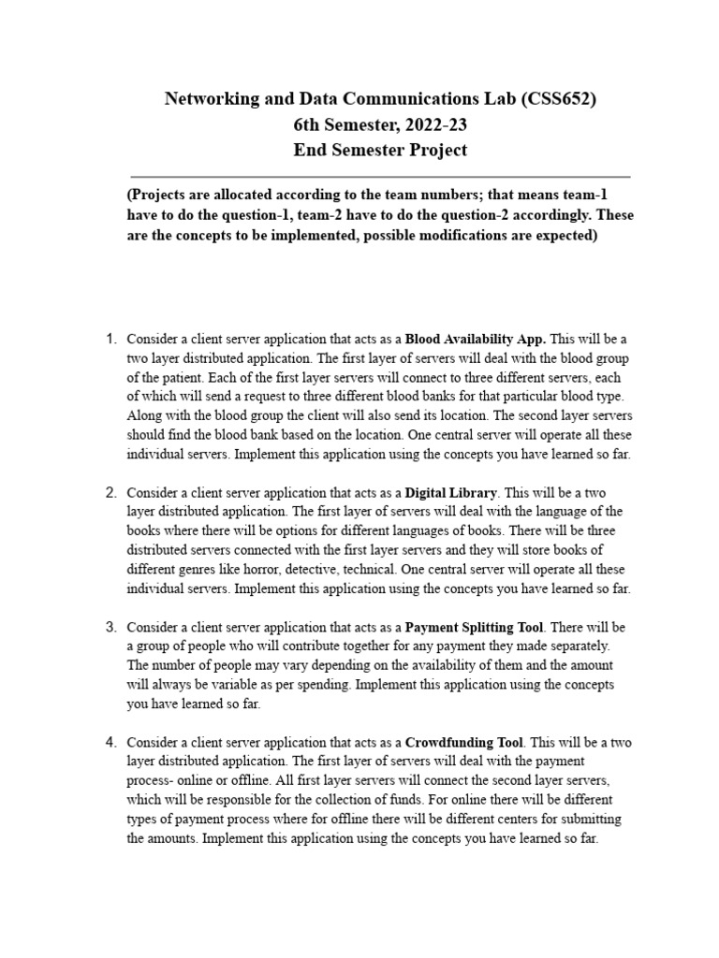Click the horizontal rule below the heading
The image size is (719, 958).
pyautogui.click(x=380, y=176)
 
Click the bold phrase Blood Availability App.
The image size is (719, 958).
pyautogui.click(x=476, y=338)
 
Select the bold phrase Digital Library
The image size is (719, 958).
pyautogui.click(x=452, y=491)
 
